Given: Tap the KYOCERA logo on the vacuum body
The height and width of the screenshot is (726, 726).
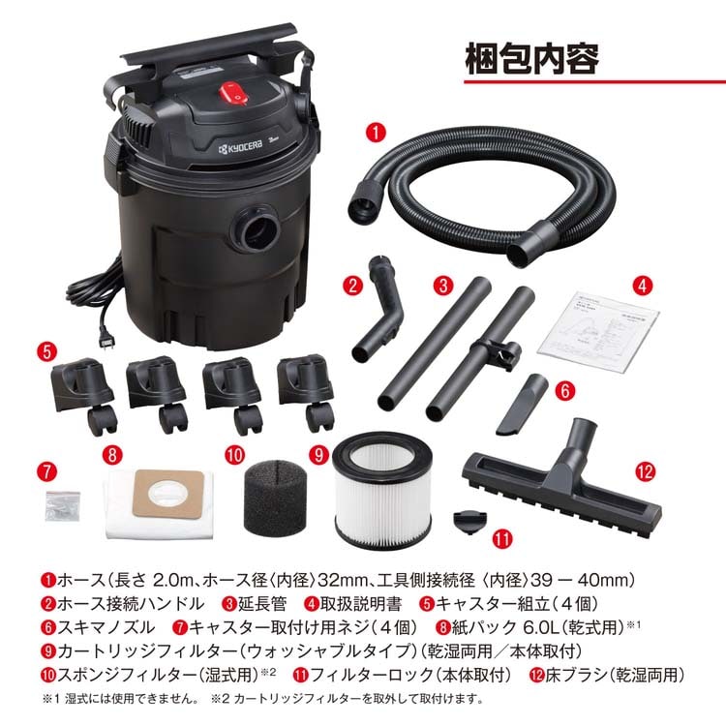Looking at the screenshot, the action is (240, 147).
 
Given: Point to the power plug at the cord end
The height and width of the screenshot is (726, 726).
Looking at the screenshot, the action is (107, 342).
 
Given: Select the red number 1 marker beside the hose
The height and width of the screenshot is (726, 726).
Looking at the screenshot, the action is (376, 132).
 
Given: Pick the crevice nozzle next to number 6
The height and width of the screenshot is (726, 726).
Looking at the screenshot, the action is (523, 405).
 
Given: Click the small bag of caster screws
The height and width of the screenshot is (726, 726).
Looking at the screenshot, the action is (63, 505).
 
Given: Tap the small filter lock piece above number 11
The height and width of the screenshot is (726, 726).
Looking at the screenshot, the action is (469, 521).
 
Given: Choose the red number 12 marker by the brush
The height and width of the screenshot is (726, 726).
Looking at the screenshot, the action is (645, 471).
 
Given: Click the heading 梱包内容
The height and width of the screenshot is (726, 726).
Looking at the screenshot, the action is (531, 59).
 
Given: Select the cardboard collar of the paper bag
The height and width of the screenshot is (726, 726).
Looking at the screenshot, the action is (167, 494).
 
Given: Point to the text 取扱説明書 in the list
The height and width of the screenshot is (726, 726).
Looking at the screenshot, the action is (361, 604).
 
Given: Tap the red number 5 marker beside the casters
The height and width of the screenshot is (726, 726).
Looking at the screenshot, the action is (46, 352).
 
